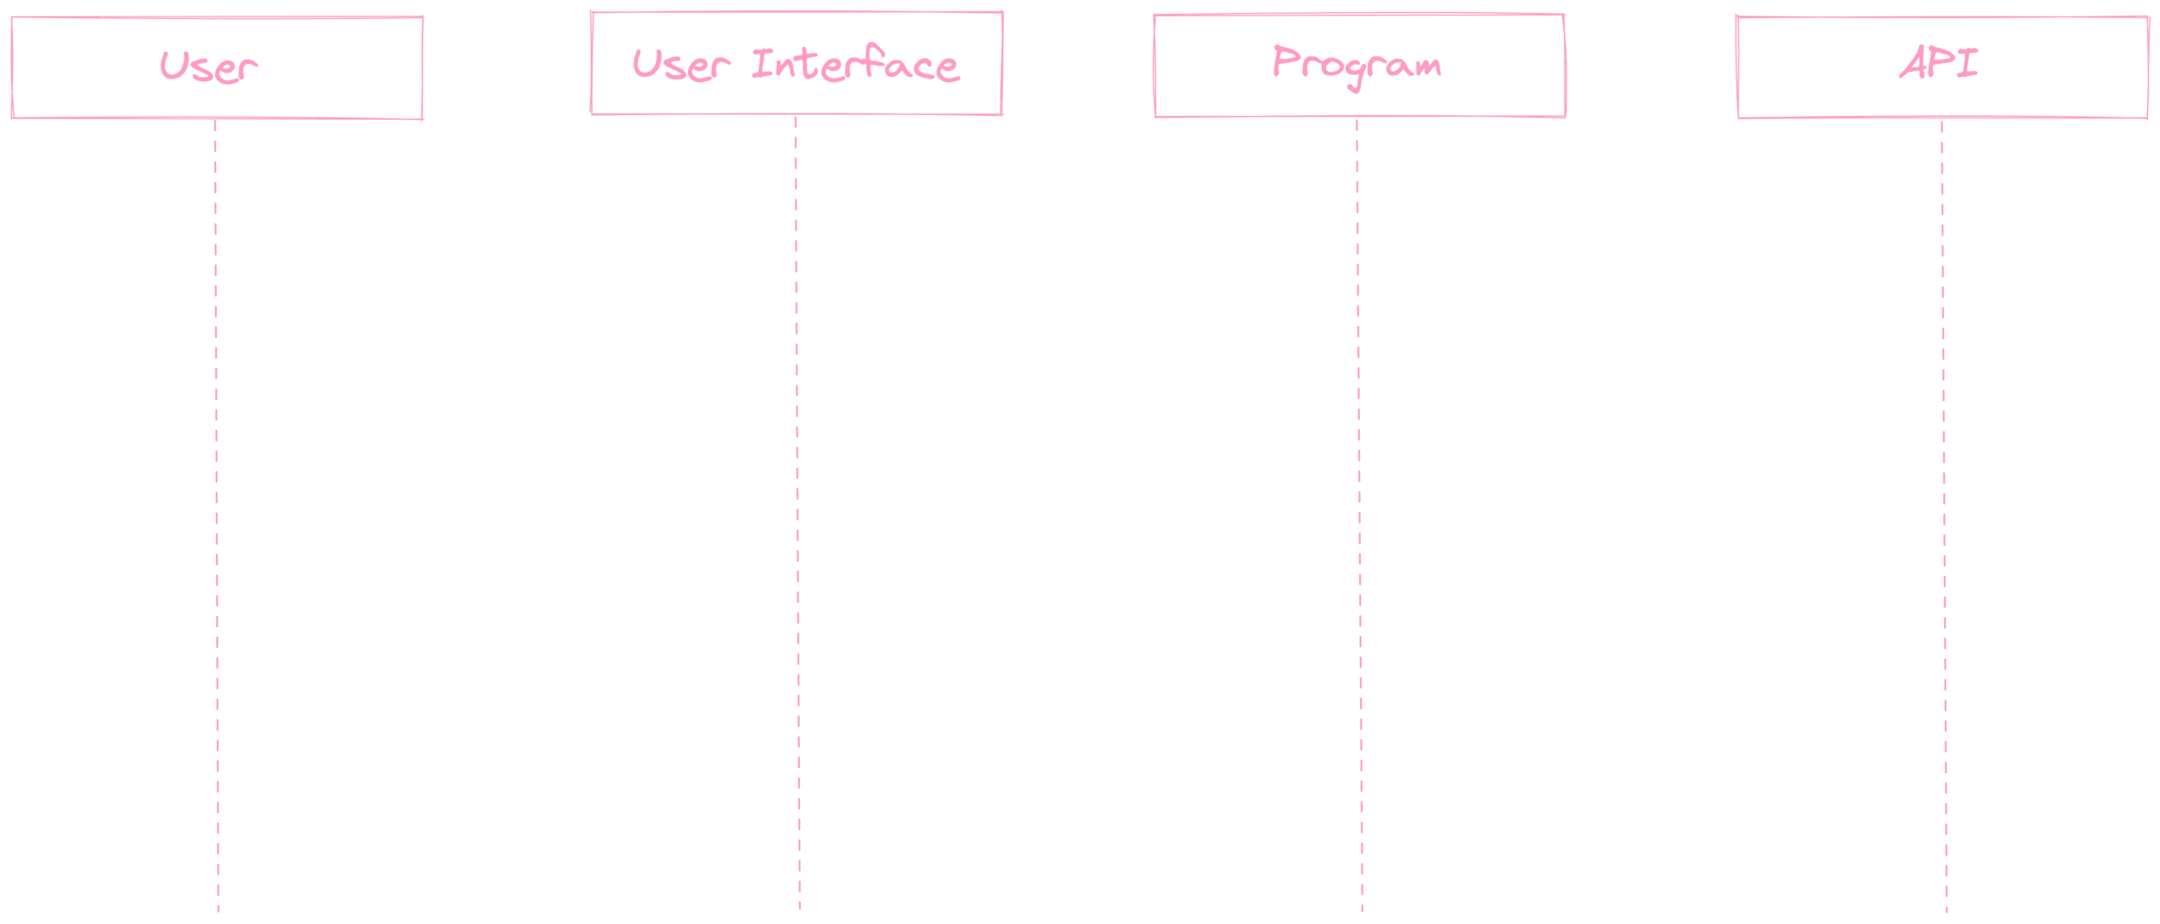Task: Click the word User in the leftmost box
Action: point(208,67)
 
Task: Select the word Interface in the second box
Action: point(854,65)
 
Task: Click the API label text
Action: point(1939,63)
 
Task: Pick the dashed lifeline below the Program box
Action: point(1358,519)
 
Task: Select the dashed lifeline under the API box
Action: point(1944,519)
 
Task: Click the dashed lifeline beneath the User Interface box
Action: point(797,519)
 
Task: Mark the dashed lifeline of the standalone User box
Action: point(216,519)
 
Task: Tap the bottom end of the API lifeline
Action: point(1947,911)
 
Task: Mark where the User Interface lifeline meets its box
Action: point(796,116)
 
